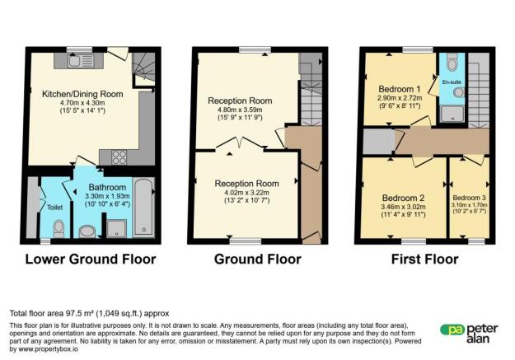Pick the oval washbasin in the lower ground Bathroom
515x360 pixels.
click(x=87, y=231)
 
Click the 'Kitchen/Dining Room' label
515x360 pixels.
click(x=82, y=94)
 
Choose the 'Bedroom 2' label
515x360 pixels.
click(x=403, y=198)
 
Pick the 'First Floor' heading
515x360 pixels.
click(x=424, y=259)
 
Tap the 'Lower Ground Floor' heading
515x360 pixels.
click(x=91, y=259)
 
